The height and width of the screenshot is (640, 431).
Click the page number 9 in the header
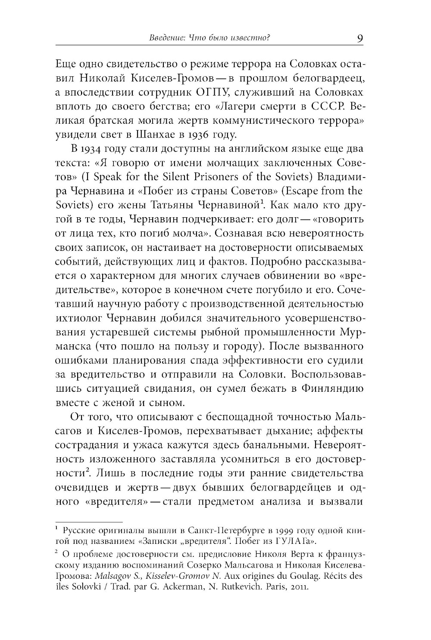[x=360, y=38]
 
